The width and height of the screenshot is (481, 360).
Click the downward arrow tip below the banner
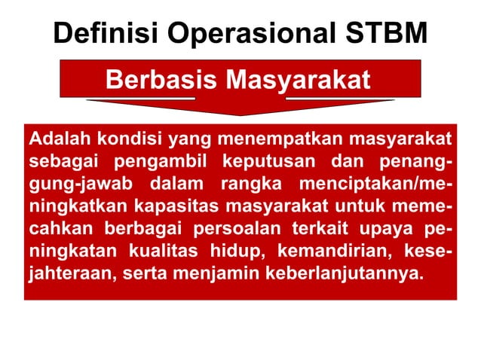pyautogui.click(x=240, y=114)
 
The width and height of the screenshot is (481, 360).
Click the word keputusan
pyautogui.click(x=258, y=162)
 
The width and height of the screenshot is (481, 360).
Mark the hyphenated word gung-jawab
pyautogui.click(x=69, y=185)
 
